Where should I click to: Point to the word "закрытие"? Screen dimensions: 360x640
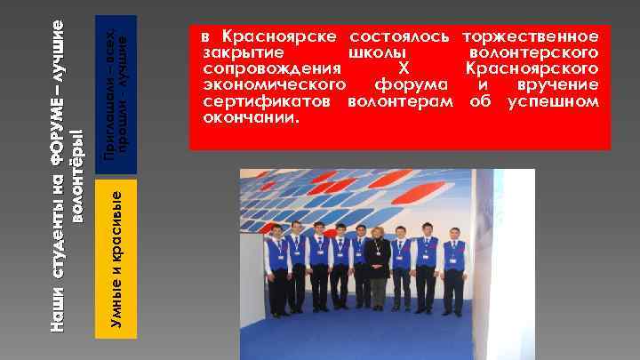(235, 53)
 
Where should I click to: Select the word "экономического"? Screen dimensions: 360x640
(274, 84)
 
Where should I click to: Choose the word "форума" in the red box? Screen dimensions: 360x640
(411, 84)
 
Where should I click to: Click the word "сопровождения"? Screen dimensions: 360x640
(272, 68)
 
